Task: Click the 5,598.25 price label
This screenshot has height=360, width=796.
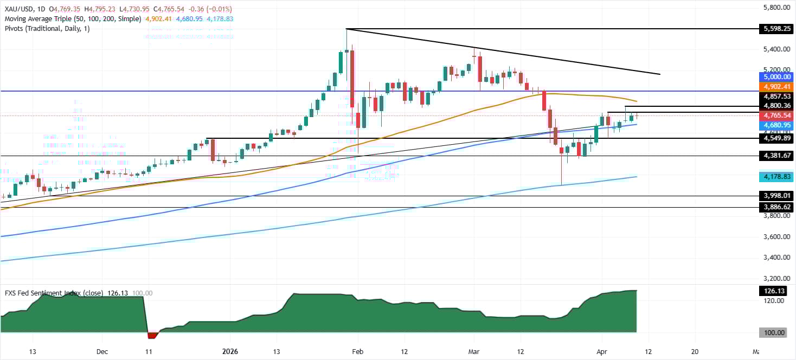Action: click(771, 29)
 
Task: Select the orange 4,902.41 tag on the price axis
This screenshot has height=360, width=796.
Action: click(771, 87)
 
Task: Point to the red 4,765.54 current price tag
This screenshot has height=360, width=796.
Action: click(771, 115)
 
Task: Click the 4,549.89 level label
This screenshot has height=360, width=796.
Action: click(771, 138)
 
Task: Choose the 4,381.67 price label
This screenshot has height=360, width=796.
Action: click(771, 156)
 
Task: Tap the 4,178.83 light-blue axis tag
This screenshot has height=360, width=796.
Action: click(771, 177)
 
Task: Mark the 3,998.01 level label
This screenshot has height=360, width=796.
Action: click(771, 196)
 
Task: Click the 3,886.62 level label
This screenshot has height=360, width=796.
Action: click(771, 207)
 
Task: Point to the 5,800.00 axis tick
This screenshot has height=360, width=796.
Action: click(771, 8)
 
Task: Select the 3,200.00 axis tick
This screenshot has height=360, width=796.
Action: click(771, 278)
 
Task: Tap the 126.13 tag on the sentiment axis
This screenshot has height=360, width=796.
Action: click(771, 291)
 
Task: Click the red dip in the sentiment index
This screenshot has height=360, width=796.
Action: click(152, 335)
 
